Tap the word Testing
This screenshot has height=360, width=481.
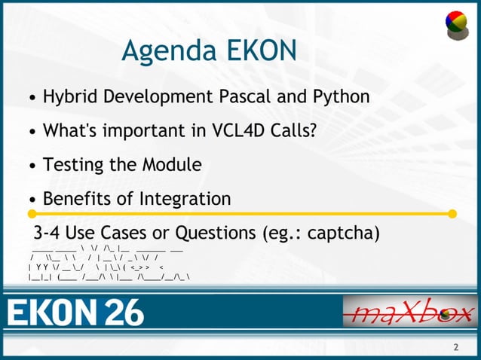point(73,165)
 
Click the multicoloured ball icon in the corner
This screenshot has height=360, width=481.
point(456,22)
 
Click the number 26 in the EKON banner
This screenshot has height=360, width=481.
point(119,311)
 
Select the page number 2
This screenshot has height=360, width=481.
point(456,348)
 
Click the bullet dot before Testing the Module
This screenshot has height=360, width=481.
point(32,166)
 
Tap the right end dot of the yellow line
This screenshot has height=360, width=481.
point(452,214)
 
